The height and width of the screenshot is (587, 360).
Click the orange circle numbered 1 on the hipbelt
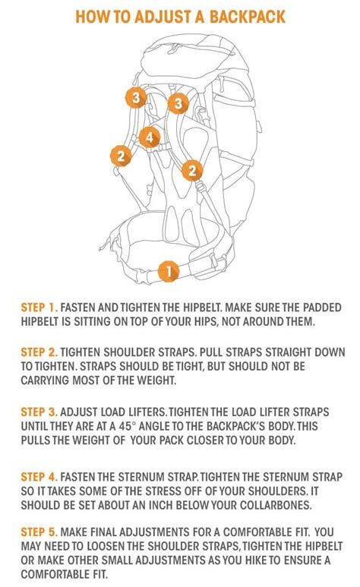pyautogui.click(x=168, y=270)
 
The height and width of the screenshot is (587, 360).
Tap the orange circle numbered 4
pyautogui.click(x=150, y=137)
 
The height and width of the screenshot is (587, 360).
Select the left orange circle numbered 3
pyautogui.click(x=135, y=97)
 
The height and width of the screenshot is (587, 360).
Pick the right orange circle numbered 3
pyautogui.click(x=178, y=103)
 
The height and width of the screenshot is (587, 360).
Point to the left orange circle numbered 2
pyautogui.click(x=120, y=156)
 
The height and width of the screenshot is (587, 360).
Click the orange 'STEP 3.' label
pyautogui.click(x=39, y=411)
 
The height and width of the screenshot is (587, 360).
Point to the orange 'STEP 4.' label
pyautogui.click(x=39, y=478)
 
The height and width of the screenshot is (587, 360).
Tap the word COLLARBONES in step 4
pyautogui.click(x=296, y=506)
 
